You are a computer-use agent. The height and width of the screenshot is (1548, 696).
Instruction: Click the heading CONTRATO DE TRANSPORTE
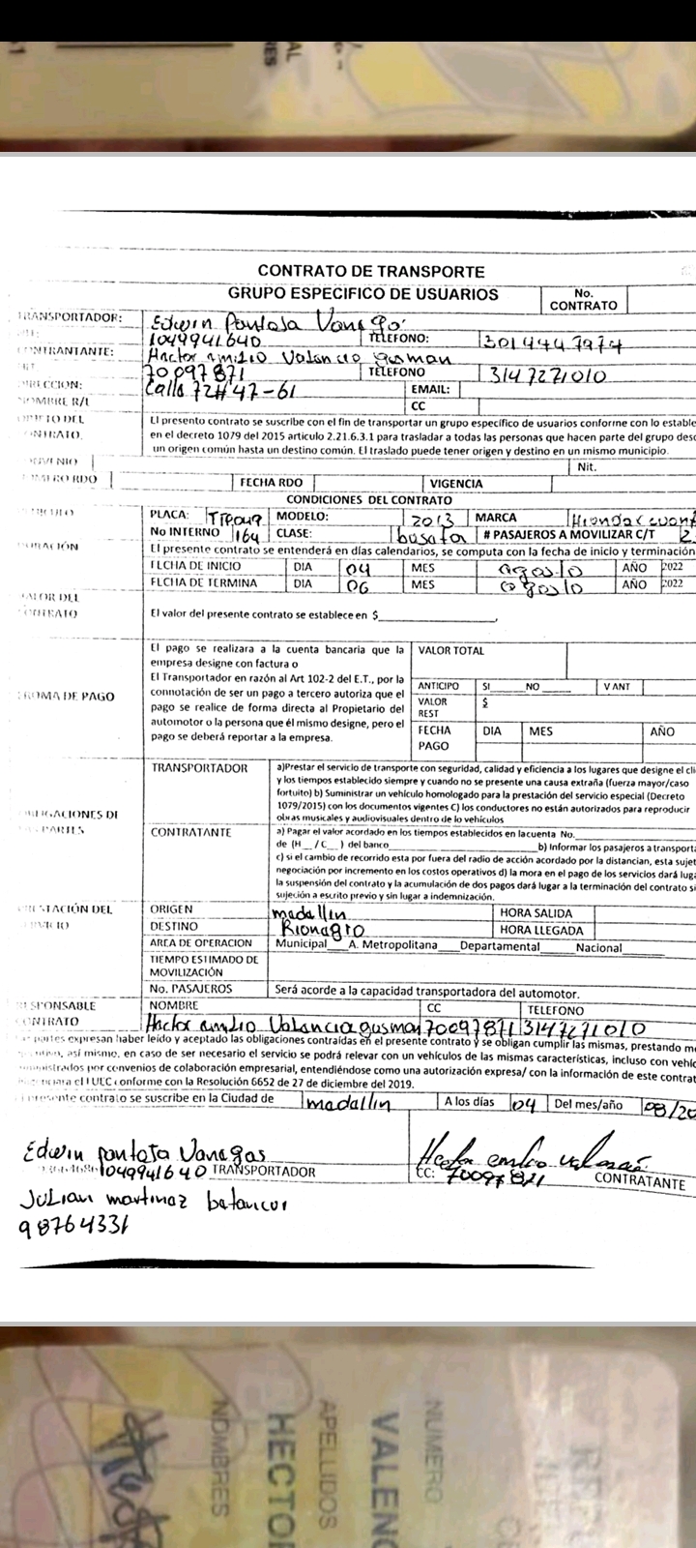[371, 272]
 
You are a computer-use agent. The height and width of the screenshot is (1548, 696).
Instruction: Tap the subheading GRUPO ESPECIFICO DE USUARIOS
[363, 294]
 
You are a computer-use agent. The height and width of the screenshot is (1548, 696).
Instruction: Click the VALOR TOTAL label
[452, 651]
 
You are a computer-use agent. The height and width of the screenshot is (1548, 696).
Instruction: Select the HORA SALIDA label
[536, 913]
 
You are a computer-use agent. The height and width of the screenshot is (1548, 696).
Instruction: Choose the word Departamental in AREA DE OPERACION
[500, 947]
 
